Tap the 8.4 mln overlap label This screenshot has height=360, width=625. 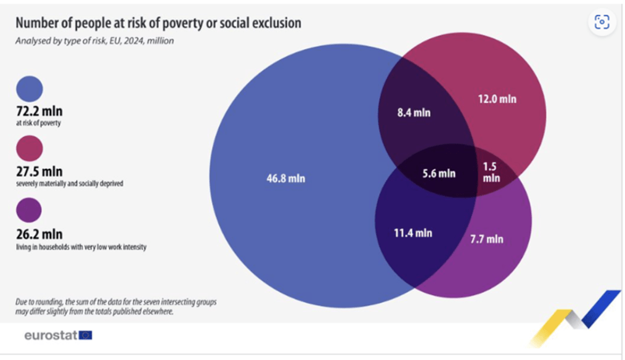414,113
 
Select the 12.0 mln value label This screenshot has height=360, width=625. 497,99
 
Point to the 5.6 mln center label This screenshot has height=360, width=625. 439,173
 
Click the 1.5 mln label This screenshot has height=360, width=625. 491,172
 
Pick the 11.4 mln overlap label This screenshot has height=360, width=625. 413,233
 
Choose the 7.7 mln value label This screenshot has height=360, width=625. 486,239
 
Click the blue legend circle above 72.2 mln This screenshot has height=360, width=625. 30,89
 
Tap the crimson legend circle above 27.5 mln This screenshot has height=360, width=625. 30,149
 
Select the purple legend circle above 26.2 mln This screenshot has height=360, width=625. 30,209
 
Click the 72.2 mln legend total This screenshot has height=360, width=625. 39,112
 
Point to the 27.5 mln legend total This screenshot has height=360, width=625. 39,171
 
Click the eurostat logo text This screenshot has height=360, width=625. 51,335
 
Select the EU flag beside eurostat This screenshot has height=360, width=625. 86,335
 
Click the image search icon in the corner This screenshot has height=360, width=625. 601,23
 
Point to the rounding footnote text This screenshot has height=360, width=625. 115,307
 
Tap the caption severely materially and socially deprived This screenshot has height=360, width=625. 70,184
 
